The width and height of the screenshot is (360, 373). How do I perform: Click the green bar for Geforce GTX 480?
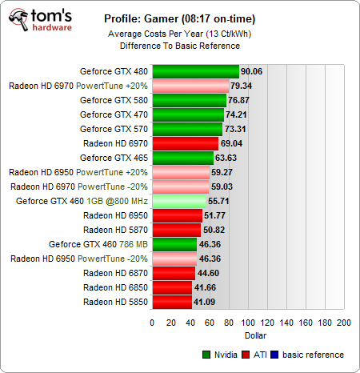[195, 71]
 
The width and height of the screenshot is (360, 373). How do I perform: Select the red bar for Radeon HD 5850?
[172, 302]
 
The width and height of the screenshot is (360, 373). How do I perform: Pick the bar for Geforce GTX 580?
[189, 100]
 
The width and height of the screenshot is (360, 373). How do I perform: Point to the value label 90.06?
[252, 71]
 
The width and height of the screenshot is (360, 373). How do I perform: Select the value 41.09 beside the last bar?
[206, 302]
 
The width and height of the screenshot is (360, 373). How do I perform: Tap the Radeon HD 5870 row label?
[117, 230]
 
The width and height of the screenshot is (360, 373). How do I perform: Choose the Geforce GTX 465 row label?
[114, 158]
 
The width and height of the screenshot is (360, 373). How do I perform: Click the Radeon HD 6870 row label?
[117, 273]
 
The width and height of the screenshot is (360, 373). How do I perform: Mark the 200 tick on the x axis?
[342, 322]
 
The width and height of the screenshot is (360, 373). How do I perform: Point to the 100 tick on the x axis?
[247, 322]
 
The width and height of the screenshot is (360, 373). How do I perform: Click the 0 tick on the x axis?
[152, 322]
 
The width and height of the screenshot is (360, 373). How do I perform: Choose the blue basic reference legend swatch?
[277, 355]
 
